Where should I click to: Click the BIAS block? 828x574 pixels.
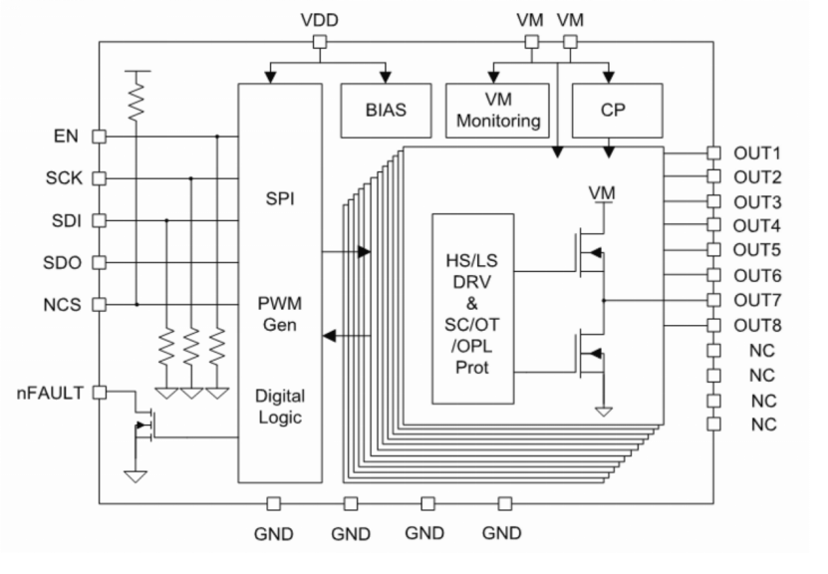(386, 111)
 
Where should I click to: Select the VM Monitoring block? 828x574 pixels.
(497, 111)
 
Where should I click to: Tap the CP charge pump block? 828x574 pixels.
(618, 111)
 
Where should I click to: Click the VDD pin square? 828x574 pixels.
(320, 42)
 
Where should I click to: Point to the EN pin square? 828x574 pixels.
(100, 137)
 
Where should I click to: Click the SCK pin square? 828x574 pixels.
(100, 178)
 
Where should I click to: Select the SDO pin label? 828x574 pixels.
(63, 262)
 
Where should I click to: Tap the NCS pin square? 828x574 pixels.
(100, 305)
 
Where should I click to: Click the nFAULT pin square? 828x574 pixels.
(100, 393)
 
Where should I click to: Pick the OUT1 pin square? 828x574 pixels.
(713, 153)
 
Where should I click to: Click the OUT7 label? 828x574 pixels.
(757, 301)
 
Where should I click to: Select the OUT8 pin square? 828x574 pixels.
(713, 325)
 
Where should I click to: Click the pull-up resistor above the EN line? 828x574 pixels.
(137, 100)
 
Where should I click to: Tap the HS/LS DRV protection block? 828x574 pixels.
(473, 309)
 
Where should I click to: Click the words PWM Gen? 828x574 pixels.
(280, 314)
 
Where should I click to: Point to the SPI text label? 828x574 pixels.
(280, 198)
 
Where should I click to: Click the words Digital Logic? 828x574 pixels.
(280, 407)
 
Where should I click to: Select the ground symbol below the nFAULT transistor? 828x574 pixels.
(136, 476)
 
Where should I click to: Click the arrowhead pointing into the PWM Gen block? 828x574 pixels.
(329, 335)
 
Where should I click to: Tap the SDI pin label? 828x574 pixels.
(67, 220)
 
